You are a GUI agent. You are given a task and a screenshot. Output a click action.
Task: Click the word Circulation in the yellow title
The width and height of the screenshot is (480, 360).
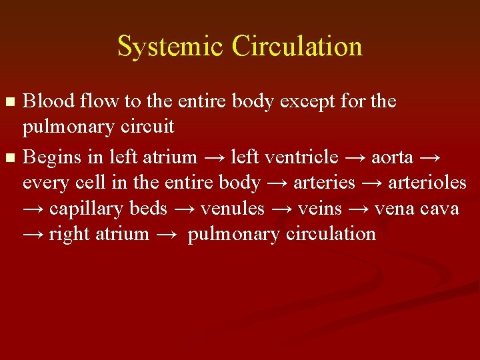click(297, 46)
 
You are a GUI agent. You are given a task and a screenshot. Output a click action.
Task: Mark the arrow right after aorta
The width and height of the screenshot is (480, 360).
click(431, 158)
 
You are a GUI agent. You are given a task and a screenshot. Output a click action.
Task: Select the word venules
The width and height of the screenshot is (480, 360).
click(233, 209)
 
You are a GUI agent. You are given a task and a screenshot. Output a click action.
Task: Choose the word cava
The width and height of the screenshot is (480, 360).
click(441, 209)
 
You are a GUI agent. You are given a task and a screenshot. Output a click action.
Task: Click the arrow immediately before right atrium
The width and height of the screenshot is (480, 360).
click(33, 235)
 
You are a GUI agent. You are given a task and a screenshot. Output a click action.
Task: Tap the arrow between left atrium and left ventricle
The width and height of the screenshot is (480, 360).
click(213, 158)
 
